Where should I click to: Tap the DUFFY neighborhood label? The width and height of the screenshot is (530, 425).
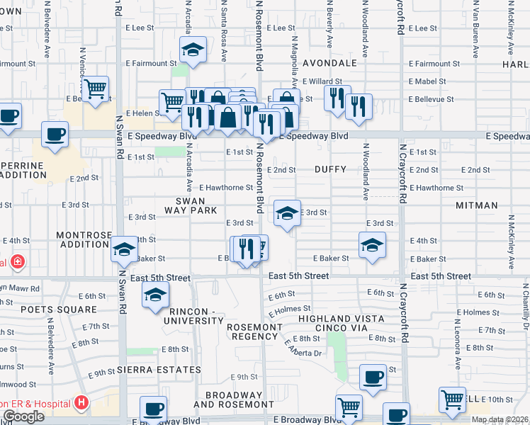[330, 170]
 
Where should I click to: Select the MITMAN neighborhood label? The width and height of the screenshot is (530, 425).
[477, 205]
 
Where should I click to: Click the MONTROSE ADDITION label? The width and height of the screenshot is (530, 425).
[76, 239]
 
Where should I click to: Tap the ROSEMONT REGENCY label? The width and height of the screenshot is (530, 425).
[254, 332]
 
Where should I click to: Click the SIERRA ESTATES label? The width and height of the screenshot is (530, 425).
[159, 370]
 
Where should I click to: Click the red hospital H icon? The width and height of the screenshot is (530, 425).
[81, 403]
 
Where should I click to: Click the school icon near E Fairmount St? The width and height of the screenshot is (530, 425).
[192, 50]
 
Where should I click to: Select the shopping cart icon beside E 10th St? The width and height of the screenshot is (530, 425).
[451, 399]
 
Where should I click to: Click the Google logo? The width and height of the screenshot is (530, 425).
[23, 416]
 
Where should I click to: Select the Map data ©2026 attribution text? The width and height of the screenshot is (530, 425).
[500, 419]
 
